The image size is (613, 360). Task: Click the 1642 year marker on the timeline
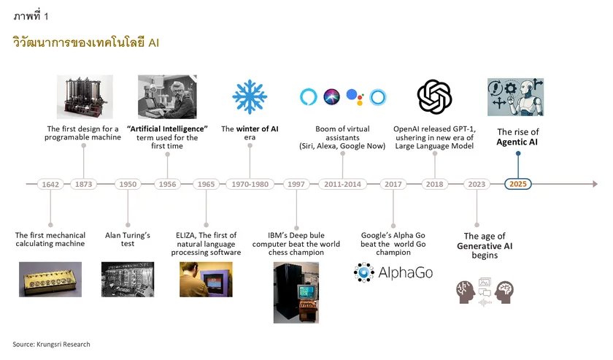tap(50, 184)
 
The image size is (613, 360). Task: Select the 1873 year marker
tap(84, 184)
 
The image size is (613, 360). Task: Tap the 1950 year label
tap(128, 184)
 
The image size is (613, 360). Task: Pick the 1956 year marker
tap(167, 184)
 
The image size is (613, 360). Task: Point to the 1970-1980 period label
tap(250, 184)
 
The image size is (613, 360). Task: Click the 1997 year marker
tap(296, 184)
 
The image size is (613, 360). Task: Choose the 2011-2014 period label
tap(343, 184)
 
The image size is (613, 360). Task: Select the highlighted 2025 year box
tap(518, 184)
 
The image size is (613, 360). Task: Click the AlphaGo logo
tap(384, 273)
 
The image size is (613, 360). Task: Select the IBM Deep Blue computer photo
tap(296, 292)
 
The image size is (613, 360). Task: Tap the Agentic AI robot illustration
tap(515, 96)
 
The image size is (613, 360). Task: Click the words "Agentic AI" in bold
tap(517, 142)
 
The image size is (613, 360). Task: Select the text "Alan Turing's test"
tap(128, 240)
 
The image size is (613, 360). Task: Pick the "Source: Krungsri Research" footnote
tap(51, 344)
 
